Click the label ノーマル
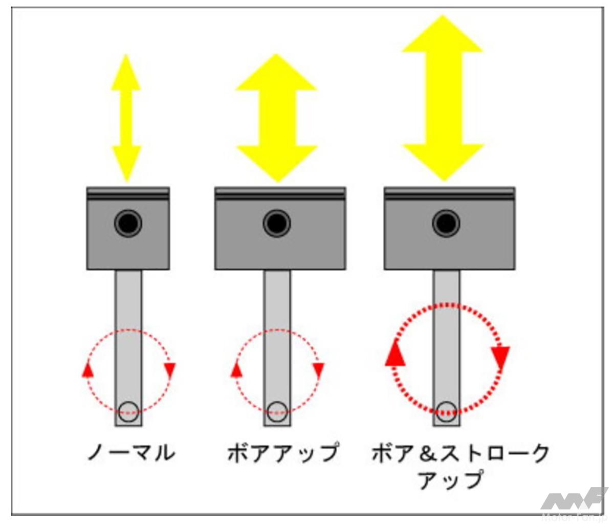(131, 453)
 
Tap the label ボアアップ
(283, 453)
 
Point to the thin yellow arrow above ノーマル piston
(126, 118)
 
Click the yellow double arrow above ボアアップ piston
(276, 118)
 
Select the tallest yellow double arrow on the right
(443, 98)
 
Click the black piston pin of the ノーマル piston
(128, 223)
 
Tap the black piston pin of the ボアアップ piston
(276, 223)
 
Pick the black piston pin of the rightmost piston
(446, 223)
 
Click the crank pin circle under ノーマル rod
(128, 412)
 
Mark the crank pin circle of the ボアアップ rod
(277, 412)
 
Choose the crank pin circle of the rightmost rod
(446, 412)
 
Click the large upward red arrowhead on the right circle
(396, 354)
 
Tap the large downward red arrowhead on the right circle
(500, 358)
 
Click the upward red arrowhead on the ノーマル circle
(87, 369)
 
